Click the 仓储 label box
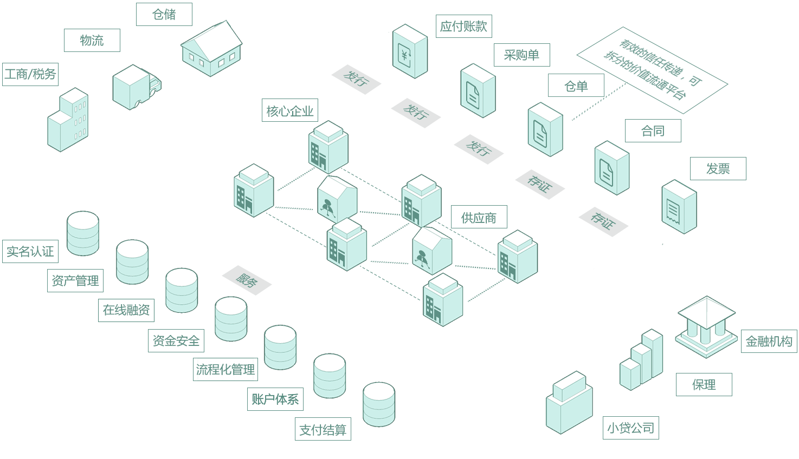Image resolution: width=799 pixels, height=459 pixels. pos(164,15)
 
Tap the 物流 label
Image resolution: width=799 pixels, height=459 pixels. pos(92,41)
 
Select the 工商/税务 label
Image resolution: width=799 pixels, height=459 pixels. pos(30,74)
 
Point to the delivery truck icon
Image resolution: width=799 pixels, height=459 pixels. pos(135,87)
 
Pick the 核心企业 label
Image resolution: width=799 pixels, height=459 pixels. pos(290,112)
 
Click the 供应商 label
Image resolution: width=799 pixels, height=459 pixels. pos(479,218)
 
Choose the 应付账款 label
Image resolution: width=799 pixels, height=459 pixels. pos(463,27)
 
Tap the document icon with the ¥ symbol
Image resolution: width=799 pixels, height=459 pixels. pos(410,52)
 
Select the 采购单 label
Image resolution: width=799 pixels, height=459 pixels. pos(521,55)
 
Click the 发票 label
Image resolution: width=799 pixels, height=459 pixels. pos(718,169)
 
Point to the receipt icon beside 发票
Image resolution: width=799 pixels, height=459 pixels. pos(679,207)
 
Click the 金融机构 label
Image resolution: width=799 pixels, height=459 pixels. pos(769,342)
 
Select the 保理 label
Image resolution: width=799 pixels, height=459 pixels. pos(704,385)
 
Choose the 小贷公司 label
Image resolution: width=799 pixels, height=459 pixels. pos(630,428)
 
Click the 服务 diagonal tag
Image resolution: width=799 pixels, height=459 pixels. pos(246,280)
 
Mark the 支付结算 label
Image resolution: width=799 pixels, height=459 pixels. pos(323,430)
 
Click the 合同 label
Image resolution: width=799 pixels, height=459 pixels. pos(653,131)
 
